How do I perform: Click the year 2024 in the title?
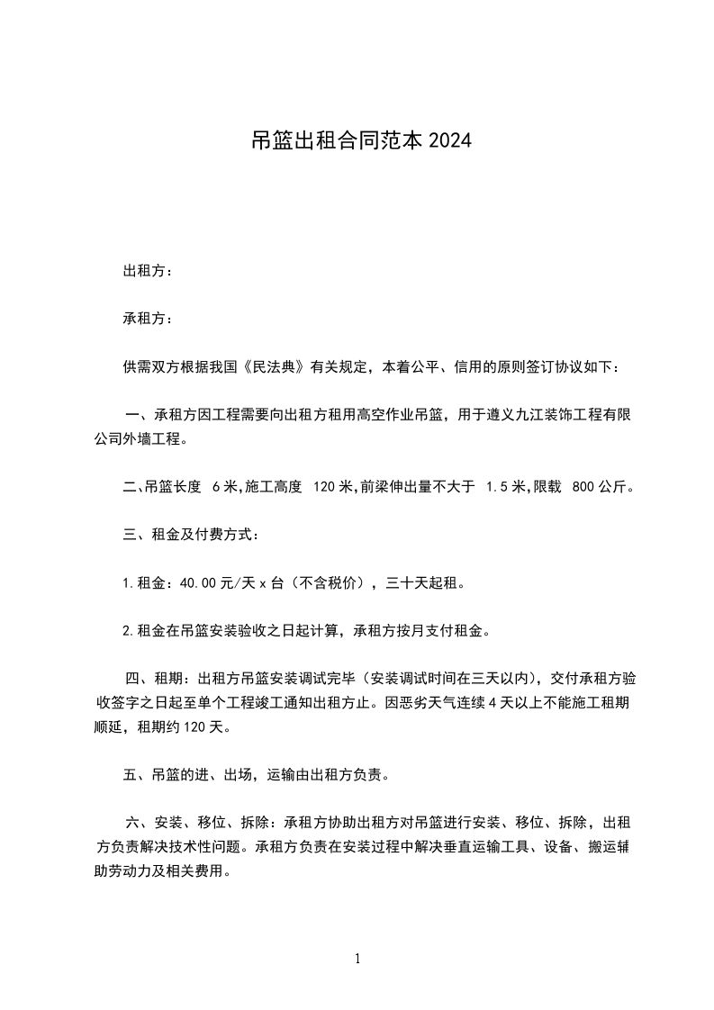tap(450, 142)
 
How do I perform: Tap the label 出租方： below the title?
tap(148, 270)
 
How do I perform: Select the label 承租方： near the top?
tap(148, 318)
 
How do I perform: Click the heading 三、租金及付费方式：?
tap(192, 536)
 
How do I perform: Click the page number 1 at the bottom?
tap(357, 959)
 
